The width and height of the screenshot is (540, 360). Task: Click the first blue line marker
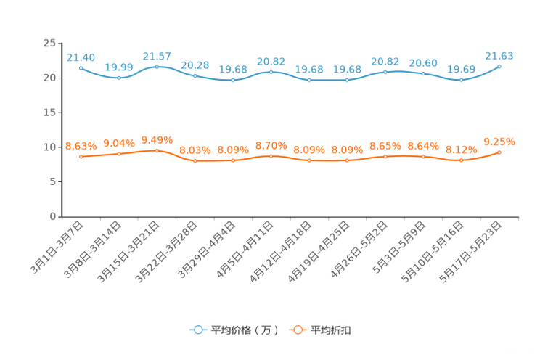(x=81, y=67)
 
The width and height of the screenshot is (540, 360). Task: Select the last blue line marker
(x=499, y=66)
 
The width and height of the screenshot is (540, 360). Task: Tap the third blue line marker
(x=157, y=66)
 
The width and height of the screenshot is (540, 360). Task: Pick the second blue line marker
(x=119, y=77)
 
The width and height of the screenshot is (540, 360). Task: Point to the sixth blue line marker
(x=271, y=71)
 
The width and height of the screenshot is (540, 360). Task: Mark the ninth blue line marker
(x=385, y=71)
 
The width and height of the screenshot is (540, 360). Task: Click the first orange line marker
(x=81, y=156)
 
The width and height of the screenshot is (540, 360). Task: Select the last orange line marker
(x=499, y=152)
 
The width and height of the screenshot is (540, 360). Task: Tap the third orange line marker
(x=157, y=150)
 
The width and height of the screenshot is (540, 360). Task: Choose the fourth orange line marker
(x=195, y=160)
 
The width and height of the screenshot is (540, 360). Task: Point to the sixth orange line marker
(x=271, y=155)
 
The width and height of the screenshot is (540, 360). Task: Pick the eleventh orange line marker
(x=461, y=160)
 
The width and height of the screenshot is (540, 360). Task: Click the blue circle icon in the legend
(x=197, y=330)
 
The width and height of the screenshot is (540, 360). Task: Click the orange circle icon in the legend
(x=297, y=330)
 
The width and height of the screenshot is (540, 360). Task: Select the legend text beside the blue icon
(x=245, y=330)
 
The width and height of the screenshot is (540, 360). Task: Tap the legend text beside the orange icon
(x=332, y=330)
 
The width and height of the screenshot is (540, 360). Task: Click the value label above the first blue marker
(x=81, y=57)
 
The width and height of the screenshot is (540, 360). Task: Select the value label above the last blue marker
(x=499, y=56)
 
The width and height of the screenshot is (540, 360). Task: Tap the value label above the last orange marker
(x=499, y=141)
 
